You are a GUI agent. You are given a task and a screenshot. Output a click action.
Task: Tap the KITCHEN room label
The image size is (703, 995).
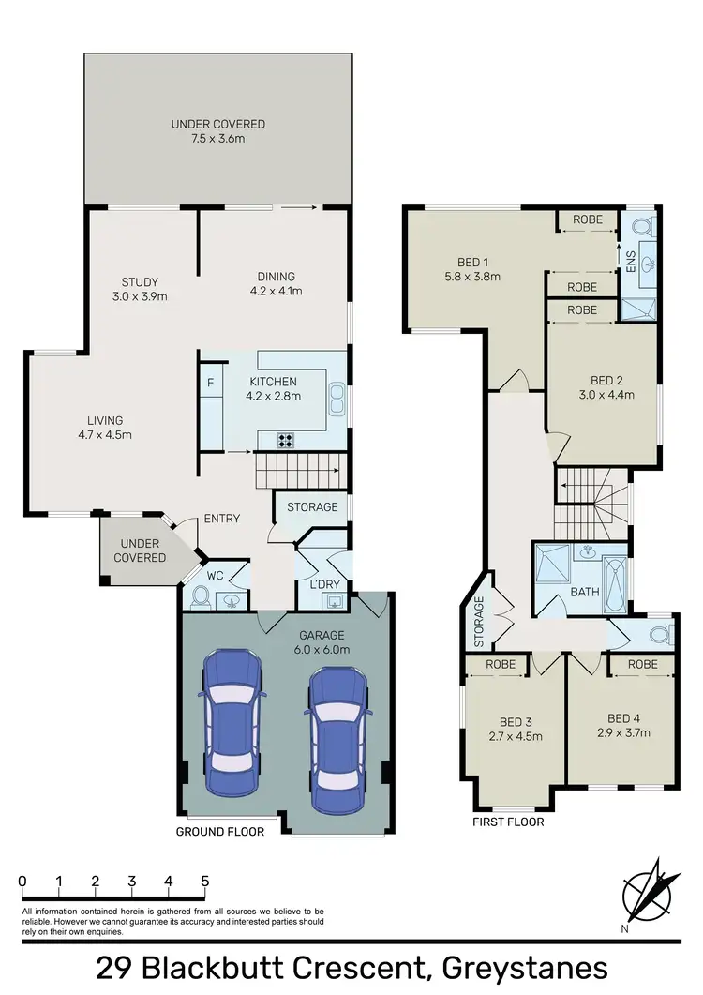274,382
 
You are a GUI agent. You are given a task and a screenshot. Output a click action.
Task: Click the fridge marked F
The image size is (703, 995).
210,383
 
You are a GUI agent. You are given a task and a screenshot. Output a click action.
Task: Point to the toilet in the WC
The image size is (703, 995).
199,596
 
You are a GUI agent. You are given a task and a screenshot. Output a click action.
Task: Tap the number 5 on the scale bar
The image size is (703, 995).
204,882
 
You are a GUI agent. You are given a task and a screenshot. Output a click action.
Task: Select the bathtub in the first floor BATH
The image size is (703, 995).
616,579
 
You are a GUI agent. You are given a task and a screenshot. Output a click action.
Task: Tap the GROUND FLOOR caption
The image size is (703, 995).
220,831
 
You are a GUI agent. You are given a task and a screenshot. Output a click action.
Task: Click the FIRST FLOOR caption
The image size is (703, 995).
509,822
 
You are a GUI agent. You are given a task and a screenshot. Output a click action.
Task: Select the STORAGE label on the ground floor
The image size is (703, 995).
312,507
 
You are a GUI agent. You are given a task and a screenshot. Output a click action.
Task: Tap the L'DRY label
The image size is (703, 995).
310,586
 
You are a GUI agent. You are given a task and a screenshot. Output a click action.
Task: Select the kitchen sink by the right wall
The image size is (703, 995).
337,405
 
